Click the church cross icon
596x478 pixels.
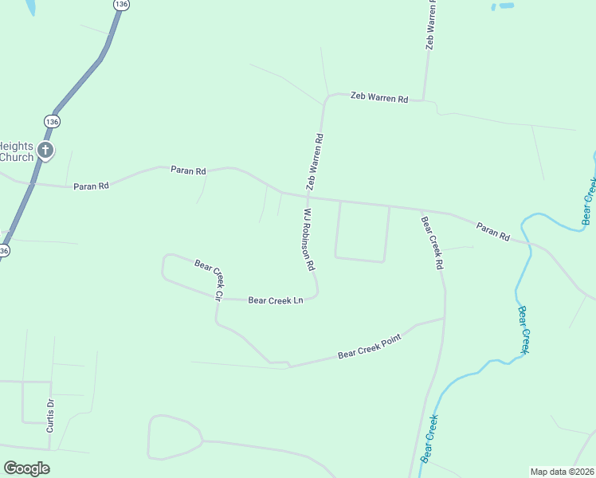point(46,150)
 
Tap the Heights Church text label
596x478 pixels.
point(17,151)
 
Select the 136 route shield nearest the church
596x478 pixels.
point(52,121)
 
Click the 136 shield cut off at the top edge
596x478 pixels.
point(120,4)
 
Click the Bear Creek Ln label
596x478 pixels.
point(276,300)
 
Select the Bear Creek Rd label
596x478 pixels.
point(431,241)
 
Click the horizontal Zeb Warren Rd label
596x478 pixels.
point(380,98)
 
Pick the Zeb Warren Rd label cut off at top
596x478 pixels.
point(431,25)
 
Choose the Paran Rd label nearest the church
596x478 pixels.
point(90,186)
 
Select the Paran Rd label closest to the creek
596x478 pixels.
point(493,230)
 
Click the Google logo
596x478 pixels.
point(26,468)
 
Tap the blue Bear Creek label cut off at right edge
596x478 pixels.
point(589,200)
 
